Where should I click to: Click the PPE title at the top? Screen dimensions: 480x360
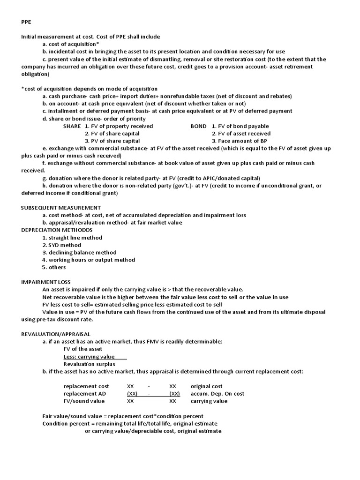click(27, 22)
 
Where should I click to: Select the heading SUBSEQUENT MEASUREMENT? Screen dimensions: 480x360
click(61, 208)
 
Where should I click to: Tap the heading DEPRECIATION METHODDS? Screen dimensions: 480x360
click(57, 230)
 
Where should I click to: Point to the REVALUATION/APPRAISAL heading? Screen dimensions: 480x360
click(56, 334)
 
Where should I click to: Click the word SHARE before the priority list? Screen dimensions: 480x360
click(72, 126)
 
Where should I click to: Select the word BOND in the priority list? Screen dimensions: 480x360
click(198, 126)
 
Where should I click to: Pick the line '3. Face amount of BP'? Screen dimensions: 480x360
click(240, 141)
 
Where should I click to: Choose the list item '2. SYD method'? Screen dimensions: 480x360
click(61, 245)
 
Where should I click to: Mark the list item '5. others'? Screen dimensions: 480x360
click(54, 268)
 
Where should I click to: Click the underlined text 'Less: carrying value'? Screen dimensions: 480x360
click(90, 357)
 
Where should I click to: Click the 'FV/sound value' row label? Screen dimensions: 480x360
click(84, 401)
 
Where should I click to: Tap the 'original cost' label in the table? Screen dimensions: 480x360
click(206, 386)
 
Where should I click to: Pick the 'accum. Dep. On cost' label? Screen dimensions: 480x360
click(217, 394)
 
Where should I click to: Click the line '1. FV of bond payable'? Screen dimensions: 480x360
click(240, 126)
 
